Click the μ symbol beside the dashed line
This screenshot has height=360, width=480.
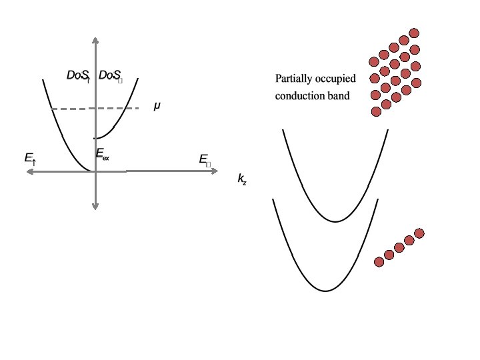click(157, 106)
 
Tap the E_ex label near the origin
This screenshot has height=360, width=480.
click(103, 156)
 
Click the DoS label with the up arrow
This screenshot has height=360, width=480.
click(78, 76)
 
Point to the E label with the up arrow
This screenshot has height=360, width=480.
click(30, 159)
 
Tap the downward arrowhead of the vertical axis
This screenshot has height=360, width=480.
click(95, 208)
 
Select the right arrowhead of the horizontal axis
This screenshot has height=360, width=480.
click(214, 171)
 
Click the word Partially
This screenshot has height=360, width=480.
click(293, 79)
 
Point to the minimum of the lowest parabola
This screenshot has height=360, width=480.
click(325, 291)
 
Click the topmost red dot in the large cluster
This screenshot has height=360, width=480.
click(414, 33)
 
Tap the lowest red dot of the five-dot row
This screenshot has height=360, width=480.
click(379, 261)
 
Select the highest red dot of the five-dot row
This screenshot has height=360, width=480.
click(419, 233)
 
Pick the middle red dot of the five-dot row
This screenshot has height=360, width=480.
click(399, 247)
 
